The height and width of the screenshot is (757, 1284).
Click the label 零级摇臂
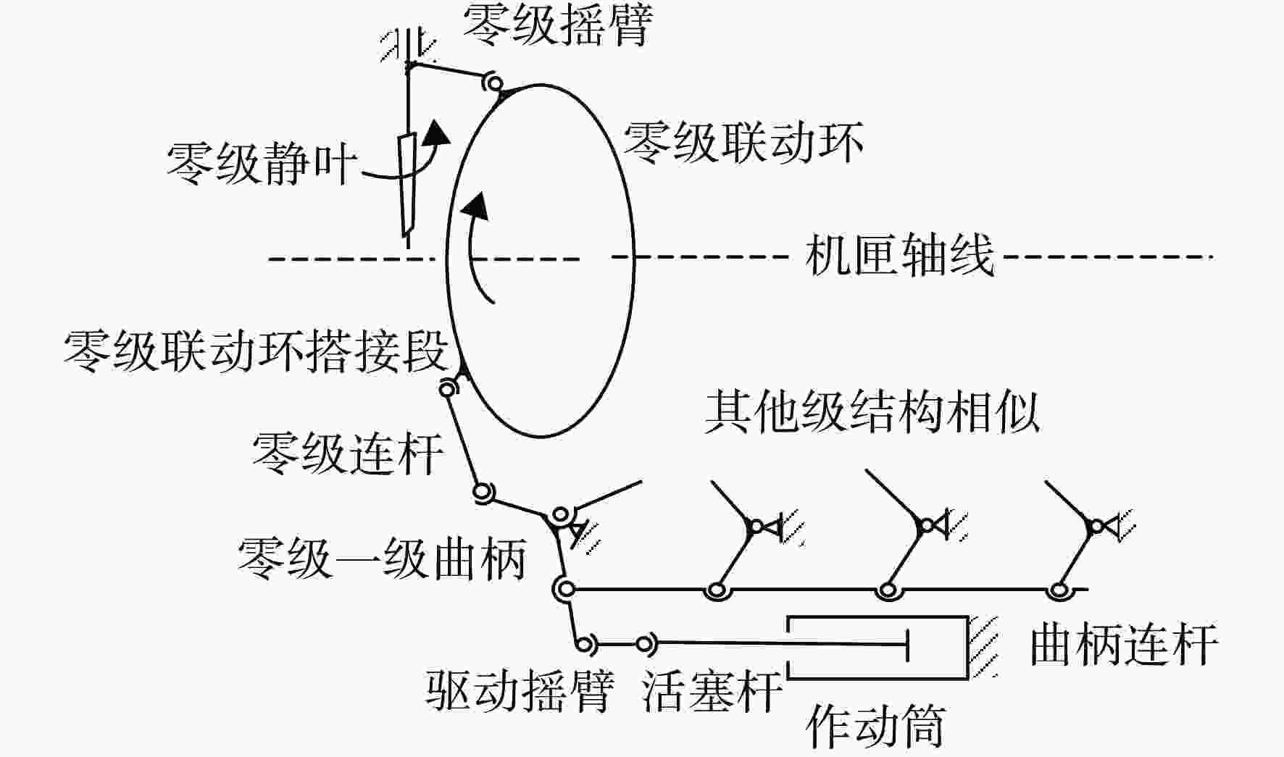[x=557, y=25]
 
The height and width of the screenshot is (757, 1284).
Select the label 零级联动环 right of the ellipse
[x=743, y=141]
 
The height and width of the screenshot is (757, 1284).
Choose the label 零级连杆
[x=348, y=453]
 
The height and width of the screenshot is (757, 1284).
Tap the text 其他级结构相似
[x=873, y=412]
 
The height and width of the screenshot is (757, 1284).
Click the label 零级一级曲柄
[x=382, y=559]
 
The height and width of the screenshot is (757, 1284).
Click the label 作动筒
[x=876, y=727]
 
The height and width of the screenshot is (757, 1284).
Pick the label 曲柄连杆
[x=1124, y=644]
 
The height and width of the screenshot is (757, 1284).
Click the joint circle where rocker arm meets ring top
[x=493, y=83]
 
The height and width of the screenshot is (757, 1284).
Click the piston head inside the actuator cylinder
[x=907, y=643]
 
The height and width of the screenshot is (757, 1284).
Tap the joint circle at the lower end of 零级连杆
[x=483, y=493]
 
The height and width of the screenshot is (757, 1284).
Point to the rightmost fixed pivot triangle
[x=1109, y=526]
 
